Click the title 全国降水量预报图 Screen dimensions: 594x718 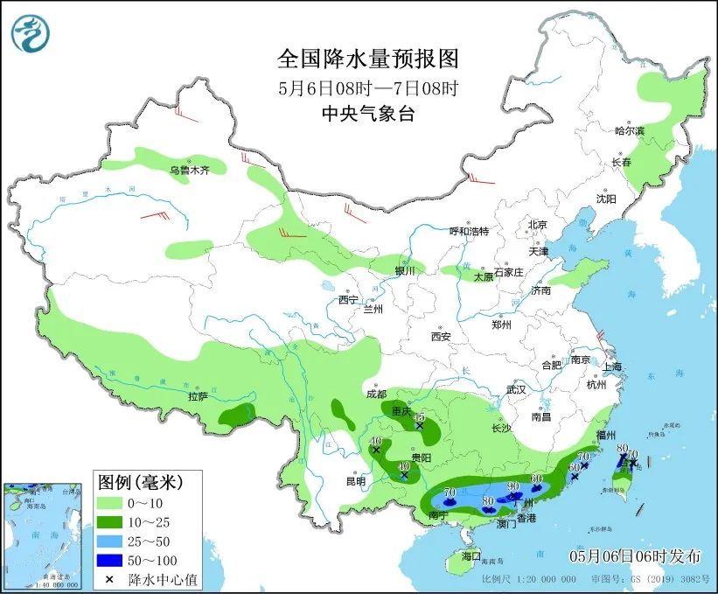(367, 59)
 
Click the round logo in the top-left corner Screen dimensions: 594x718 (31, 33)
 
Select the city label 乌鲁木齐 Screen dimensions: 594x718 (189, 171)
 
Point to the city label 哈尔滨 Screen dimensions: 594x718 (628, 131)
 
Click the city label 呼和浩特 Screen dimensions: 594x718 (469, 231)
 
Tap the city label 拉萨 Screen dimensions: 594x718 (198, 396)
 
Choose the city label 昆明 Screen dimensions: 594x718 (355, 480)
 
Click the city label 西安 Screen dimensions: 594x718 (440, 337)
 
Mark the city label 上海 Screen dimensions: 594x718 (611, 367)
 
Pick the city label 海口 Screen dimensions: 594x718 (471, 556)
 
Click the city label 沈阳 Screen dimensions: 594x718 (606, 199)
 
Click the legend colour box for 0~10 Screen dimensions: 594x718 (110, 503)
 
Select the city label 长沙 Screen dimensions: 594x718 (501, 428)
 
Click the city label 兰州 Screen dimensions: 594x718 (373, 309)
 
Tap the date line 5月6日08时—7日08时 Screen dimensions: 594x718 (367, 87)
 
